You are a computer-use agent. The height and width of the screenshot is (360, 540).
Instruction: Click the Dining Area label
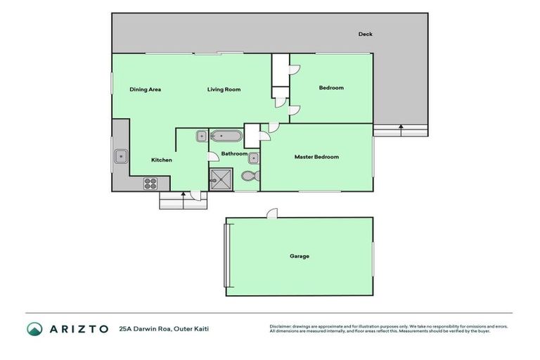[146, 89]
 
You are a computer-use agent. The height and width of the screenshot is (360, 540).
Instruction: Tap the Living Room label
[224, 89]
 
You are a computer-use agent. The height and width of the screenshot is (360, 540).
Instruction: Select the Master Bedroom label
[316, 157]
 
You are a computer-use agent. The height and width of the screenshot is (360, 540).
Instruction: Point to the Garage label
[299, 256]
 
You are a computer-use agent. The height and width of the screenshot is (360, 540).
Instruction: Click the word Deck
[365, 34]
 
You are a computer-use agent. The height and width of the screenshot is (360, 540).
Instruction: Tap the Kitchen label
[162, 160]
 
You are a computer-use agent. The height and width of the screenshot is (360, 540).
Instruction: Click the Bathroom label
[234, 153]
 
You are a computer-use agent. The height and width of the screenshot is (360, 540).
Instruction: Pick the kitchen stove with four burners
[150, 183]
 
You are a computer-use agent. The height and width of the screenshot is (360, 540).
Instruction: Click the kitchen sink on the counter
[121, 155]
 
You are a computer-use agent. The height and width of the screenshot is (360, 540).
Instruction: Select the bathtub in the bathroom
[226, 136]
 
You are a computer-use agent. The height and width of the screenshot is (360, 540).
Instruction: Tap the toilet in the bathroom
[249, 176]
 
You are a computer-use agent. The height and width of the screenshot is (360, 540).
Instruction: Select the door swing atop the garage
[272, 212]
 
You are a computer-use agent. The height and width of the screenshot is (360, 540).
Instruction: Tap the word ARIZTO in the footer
[78, 328]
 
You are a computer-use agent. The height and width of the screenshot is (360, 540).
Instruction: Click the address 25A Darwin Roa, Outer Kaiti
[164, 328]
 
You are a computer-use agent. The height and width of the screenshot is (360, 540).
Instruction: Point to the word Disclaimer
[281, 326]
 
